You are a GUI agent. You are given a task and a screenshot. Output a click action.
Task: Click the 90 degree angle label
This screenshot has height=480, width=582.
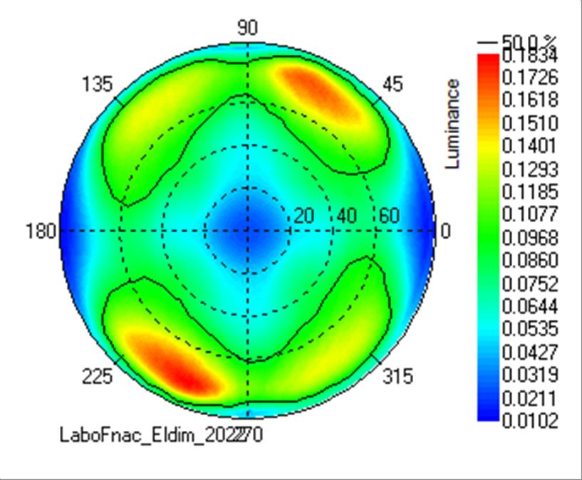pyautogui.click(x=247, y=28)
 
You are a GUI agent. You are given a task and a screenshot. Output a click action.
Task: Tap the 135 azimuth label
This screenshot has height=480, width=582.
pyautogui.click(x=97, y=84)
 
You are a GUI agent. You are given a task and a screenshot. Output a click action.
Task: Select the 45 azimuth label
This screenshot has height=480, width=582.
pyautogui.click(x=392, y=84)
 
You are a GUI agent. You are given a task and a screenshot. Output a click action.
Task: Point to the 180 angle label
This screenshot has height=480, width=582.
pyautogui.click(x=42, y=231)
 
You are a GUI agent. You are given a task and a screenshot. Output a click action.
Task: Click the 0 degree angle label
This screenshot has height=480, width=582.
pyautogui.click(x=446, y=231)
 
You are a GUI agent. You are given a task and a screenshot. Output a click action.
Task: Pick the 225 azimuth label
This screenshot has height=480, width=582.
pyautogui.click(x=97, y=376)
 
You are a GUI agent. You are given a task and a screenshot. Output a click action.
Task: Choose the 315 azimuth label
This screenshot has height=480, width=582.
pyautogui.click(x=397, y=376)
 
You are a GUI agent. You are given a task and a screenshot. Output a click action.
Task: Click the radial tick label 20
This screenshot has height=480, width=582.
pyautogui.click(x=304, y=216)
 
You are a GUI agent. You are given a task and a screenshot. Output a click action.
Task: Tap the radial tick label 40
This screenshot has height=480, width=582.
pyautogui.click(x=347, y=216)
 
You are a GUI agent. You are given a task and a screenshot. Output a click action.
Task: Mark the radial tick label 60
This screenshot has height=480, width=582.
pyautogui.click(x=389, y=216)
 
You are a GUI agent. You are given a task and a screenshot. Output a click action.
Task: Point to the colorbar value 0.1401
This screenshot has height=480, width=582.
pyautogui.click(x=529, y=146)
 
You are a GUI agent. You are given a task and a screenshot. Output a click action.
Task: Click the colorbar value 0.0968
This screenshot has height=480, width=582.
pyautogui.click(x=529, y=237)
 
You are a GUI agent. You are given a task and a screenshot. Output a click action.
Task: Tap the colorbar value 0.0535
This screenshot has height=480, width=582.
pyautogui.click(x=529, y=328)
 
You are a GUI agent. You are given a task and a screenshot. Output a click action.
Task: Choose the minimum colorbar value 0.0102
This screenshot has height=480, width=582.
pyautogui.click(x=529, y=420)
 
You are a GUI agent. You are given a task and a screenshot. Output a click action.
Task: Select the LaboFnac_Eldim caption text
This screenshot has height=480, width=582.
pyautogui.click(x=160, y=434)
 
